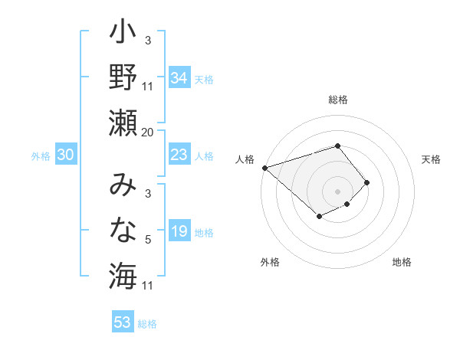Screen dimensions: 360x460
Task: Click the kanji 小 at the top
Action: [x=123, y=34]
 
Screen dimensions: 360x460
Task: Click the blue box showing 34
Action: [x=179, y=78]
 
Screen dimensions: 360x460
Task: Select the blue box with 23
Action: [x=179, y=155]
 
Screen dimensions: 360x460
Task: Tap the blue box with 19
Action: [x=179, y=231]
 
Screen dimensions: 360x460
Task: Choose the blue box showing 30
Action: [x=66, y=155]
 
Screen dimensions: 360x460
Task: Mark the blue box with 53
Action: [x=122, y=322]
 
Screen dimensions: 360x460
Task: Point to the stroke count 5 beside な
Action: [x=147, y=240]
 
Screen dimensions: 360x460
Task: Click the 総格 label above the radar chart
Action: [x=338, y=100]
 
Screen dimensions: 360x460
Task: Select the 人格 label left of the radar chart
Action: [x=245, y=159]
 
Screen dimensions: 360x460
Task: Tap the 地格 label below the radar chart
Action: [x=402, y=263]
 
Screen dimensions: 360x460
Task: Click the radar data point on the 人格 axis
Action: [x=264, y=167]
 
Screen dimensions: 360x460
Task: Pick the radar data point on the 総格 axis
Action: [x=338, y=146]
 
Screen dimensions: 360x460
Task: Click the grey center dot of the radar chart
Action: [x=338, y=191]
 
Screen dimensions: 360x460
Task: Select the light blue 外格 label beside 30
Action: [x=41, y=156]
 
